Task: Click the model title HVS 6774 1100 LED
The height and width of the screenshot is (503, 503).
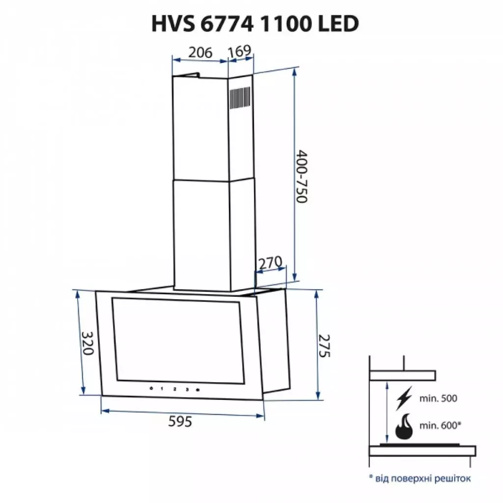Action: coord(251,23)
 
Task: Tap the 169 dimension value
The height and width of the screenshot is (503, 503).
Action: coord(240,51)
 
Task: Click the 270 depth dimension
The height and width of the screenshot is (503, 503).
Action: coord(270,263)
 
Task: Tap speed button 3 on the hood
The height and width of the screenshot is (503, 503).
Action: coord(187,390)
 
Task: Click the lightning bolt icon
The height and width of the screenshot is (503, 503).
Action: coord(404,398)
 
